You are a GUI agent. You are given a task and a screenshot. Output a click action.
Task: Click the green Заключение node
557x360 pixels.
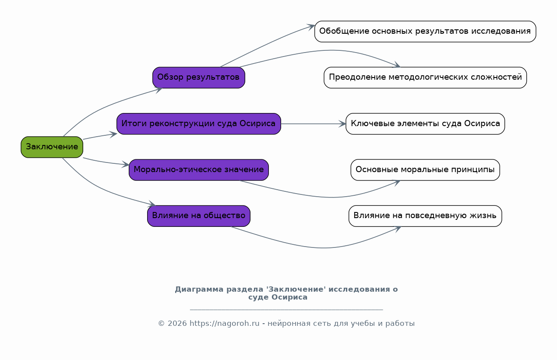pos(52,147)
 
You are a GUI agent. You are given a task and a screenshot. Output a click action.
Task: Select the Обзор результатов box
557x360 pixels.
pos(199,78)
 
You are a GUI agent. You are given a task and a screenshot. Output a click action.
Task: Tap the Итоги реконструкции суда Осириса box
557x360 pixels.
pos(199,124)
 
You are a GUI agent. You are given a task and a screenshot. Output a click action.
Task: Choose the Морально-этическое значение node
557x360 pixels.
pos(199,170)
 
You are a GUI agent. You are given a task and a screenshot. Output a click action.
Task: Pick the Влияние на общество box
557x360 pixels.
pos(199,216)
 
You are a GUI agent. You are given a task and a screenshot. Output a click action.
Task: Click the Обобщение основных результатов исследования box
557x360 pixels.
pos(425,32)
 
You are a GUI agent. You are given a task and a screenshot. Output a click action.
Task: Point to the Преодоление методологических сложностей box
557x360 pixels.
pos(425,78)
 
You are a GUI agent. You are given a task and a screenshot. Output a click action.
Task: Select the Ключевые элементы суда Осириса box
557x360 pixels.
pos(425,124)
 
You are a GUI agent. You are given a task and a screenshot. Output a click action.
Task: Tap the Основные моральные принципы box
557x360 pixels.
pos(425,170)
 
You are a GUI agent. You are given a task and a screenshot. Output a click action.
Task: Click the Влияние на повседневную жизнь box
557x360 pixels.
pos(425,216)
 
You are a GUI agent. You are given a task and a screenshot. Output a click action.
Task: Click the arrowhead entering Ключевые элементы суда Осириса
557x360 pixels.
pos(342,124)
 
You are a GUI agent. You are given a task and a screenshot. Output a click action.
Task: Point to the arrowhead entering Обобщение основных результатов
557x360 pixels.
pos(311,27)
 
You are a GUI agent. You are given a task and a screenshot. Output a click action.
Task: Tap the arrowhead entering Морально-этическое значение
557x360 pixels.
pos(125,164)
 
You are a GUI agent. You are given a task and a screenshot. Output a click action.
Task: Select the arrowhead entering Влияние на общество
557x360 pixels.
pos(152,204)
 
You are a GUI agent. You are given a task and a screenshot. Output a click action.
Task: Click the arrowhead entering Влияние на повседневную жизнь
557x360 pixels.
pos(398,229)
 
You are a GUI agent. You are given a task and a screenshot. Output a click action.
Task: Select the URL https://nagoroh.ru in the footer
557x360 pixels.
pos(224,324)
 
